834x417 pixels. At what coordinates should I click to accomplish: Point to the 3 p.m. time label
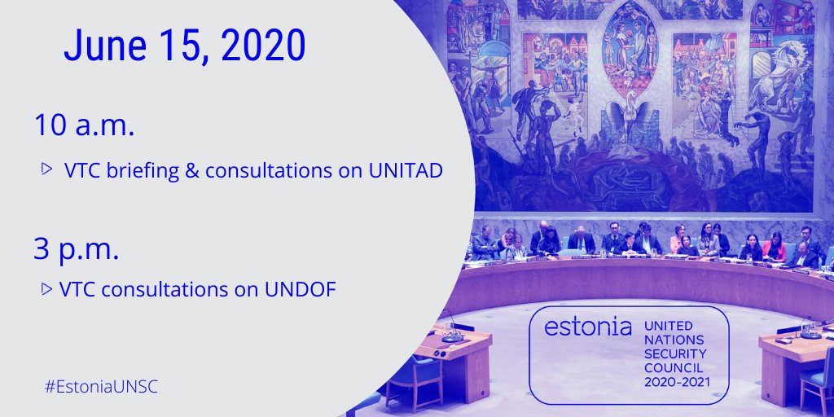77,249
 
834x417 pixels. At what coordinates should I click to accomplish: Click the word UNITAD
404,172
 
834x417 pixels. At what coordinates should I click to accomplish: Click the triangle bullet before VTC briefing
47,169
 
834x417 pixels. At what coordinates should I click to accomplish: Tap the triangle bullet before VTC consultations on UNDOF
47,288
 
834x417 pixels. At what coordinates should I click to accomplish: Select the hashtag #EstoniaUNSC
101,386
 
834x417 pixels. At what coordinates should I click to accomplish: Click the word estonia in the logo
588,327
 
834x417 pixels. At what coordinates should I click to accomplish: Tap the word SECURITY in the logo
676,354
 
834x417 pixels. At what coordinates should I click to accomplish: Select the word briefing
144,172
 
